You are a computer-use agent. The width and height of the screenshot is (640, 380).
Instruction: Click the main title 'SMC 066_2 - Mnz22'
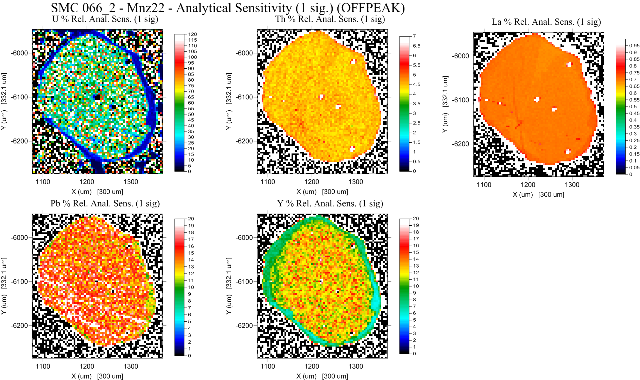pyautogui.click(x=228, y=8)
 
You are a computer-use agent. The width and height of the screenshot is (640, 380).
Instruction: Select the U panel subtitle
pyautogui.click(x=105, y=19)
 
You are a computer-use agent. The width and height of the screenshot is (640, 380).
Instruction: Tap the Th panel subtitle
pyautogui.click(x=330, y=19)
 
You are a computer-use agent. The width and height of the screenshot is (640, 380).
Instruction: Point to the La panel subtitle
pyautogui.click(x=546, y=22)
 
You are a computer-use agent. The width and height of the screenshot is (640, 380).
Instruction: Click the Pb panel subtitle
pyautogui.click(x=105, y=204)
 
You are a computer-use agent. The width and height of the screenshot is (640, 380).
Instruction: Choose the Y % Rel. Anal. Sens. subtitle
pyautogui.click(x=330, y=204)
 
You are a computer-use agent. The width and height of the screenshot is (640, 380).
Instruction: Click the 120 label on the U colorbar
pyautogui.click(x=192, y=34)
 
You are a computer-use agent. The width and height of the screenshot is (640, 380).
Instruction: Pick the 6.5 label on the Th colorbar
pyautogui.click(x=416, y=46)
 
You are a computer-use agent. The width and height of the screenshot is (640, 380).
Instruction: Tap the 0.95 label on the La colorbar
pyautogui.click(x=634, y=45)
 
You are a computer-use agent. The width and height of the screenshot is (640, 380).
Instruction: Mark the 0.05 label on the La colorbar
pyautogui.click(x=634, y=168)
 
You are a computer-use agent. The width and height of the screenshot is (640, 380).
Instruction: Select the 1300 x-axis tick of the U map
pyautogui.click(x=131, y=182)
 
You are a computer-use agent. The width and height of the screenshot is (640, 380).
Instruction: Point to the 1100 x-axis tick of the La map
pyautogui.click(x=484, y=185)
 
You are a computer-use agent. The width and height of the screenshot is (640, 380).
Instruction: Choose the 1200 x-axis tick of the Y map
pyautogui.click(x=312, y=367)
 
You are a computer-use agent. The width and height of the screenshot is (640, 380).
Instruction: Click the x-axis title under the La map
pyautogui.click(x=538, y=195)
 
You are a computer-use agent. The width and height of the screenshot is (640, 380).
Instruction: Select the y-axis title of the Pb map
pyautogui.click(x=4, y=286)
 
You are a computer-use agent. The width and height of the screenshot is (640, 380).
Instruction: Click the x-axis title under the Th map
pyautogui.click(x=322, y=192)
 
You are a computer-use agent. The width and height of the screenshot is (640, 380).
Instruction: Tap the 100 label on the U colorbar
pyautogui.click(x=192, y=57)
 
